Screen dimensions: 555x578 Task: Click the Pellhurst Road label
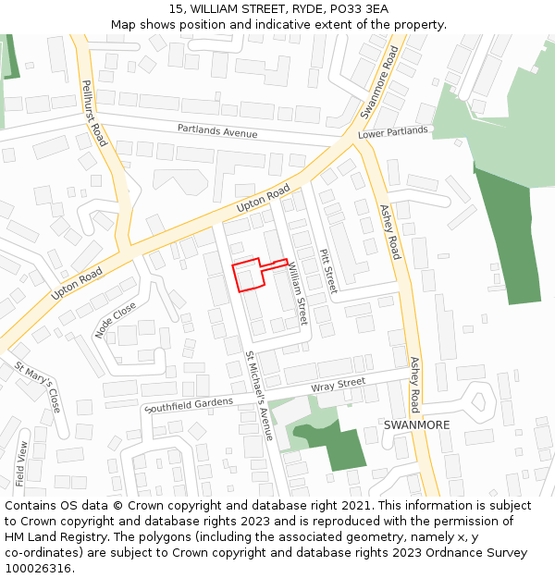[93, 114]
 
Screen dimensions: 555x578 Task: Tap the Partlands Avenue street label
[217, 131]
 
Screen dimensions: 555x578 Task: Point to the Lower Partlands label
[393, 131]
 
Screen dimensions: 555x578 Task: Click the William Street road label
[297, 291]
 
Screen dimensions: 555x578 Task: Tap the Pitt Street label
[326, 270]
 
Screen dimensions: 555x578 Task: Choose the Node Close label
[116, 319]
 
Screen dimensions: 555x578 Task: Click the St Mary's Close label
[38, 387]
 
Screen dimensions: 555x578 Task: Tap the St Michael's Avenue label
[259, 395]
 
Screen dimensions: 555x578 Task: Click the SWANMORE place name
[416, 425]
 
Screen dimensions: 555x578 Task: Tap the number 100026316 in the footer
[38, 569]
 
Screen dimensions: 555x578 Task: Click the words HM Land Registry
[56, 537]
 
